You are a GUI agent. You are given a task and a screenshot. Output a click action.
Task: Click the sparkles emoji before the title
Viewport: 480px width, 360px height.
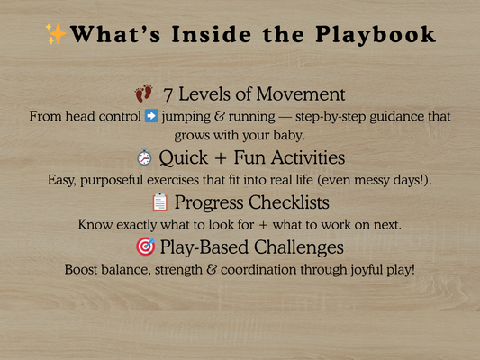[x=56, y=35]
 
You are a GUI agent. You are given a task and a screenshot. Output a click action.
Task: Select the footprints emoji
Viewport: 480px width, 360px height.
[x=144, y=94]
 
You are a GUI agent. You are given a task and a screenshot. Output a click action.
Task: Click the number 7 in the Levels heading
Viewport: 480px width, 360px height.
[x=168, y=94]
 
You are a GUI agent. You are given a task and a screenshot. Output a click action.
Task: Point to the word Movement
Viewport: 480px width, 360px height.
[x=302, y=94]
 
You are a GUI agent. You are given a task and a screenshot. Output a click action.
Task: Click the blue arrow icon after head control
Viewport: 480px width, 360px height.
[x=150, y=117]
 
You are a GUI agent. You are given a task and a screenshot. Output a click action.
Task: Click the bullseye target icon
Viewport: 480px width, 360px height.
[x=143, y=246]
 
